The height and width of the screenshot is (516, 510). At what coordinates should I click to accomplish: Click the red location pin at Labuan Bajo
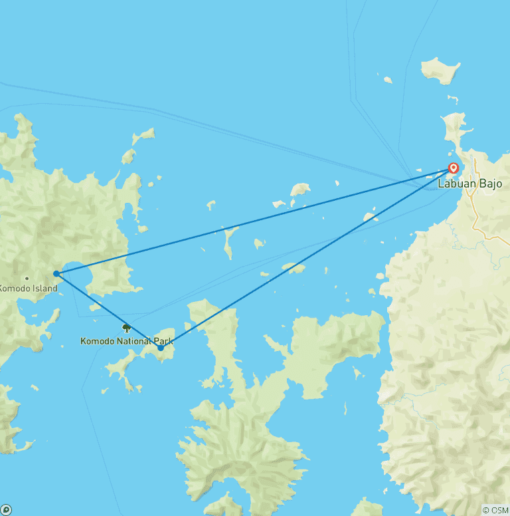(x=454, y=168)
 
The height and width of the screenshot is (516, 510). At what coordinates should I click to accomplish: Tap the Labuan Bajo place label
(x=469, y=184)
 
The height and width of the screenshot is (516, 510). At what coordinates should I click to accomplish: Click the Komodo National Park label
(x=126, y=341)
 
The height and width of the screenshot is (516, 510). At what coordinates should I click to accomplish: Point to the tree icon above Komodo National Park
(x=126, y=327)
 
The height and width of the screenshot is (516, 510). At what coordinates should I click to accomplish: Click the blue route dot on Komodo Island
(x=56, y=273)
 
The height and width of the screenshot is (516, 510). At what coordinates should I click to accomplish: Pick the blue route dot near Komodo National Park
(x=161, y=348)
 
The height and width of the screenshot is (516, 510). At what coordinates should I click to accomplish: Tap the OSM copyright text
(x=495, y=510)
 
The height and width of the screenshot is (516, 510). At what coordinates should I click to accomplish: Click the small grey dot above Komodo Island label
(x=27, y=278)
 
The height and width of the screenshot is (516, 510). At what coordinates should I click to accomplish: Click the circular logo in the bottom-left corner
(x=6, y=510)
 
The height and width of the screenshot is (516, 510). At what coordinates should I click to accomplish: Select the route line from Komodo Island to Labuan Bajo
(x=252, y=221)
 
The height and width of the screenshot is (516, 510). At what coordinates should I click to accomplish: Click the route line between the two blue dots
(x=108, y=311)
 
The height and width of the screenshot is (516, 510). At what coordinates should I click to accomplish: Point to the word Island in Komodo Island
(x=43, y=288)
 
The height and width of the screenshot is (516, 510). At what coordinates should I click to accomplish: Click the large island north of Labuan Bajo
(x=440, y=69)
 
